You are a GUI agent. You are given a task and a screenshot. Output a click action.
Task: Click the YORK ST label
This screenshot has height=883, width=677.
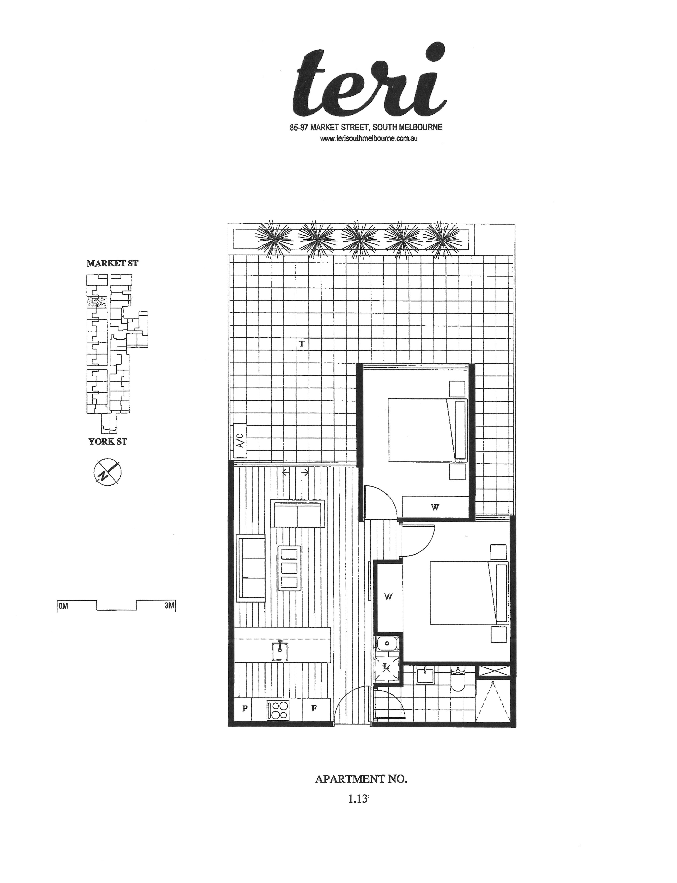[x=108, y=441]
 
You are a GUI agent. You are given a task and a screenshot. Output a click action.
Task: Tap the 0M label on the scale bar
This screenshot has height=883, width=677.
[x=63, y=606]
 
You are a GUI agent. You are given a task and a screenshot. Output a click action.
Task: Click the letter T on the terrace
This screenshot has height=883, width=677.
[x=301, y=344]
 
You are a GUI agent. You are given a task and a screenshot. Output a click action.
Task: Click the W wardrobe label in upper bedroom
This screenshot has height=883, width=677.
[x=435, y=508]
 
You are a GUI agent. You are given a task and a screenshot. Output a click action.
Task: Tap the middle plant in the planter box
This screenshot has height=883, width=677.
[x=358, y=239]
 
